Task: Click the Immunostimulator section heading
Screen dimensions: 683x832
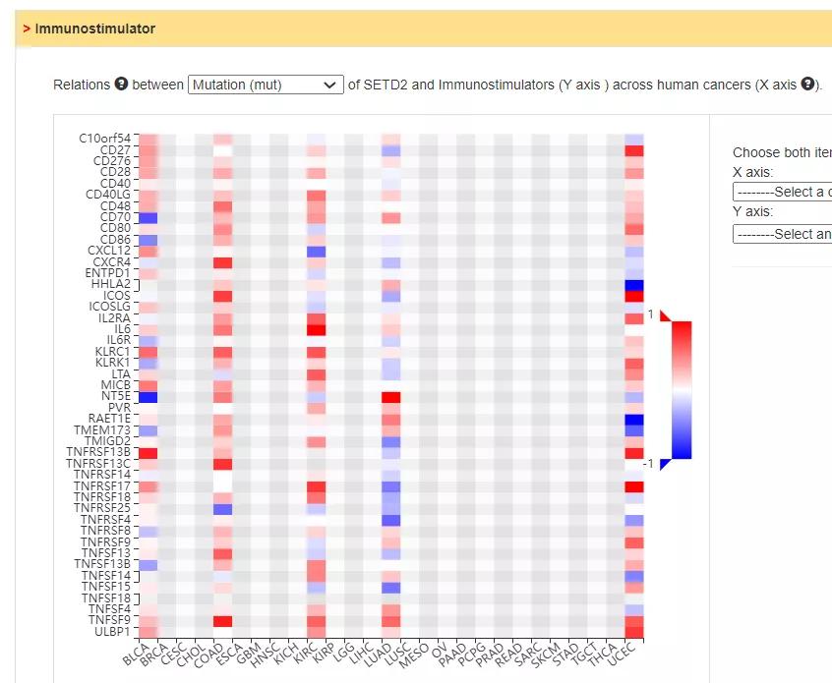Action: tap(94, 28)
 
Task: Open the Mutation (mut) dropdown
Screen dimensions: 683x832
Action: tap(266, 85)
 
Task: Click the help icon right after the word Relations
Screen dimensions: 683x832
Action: tap(121, 85)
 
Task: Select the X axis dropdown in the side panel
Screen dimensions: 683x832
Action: tap(782, 192)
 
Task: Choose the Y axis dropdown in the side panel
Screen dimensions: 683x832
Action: tap(782, 234)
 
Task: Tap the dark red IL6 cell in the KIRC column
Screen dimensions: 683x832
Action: tap(316, 329)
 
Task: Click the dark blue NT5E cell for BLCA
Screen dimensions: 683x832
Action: tap(148, 397)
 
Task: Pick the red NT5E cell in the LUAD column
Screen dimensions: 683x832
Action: tap(391, 397)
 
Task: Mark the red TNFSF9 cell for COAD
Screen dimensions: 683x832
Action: tap(222, 621)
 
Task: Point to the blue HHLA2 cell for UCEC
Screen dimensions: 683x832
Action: tap(633, 285)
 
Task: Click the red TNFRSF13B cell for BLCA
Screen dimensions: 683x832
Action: tap(148, 453)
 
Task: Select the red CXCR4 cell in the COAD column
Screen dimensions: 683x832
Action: tap(222, 262)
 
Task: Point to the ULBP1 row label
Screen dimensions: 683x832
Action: tap(112, 631)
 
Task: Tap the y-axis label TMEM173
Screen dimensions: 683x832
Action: tap(101, 429)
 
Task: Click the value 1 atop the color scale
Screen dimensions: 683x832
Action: tap(650, 314)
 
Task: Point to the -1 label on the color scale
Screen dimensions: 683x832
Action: tap(648, 464)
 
